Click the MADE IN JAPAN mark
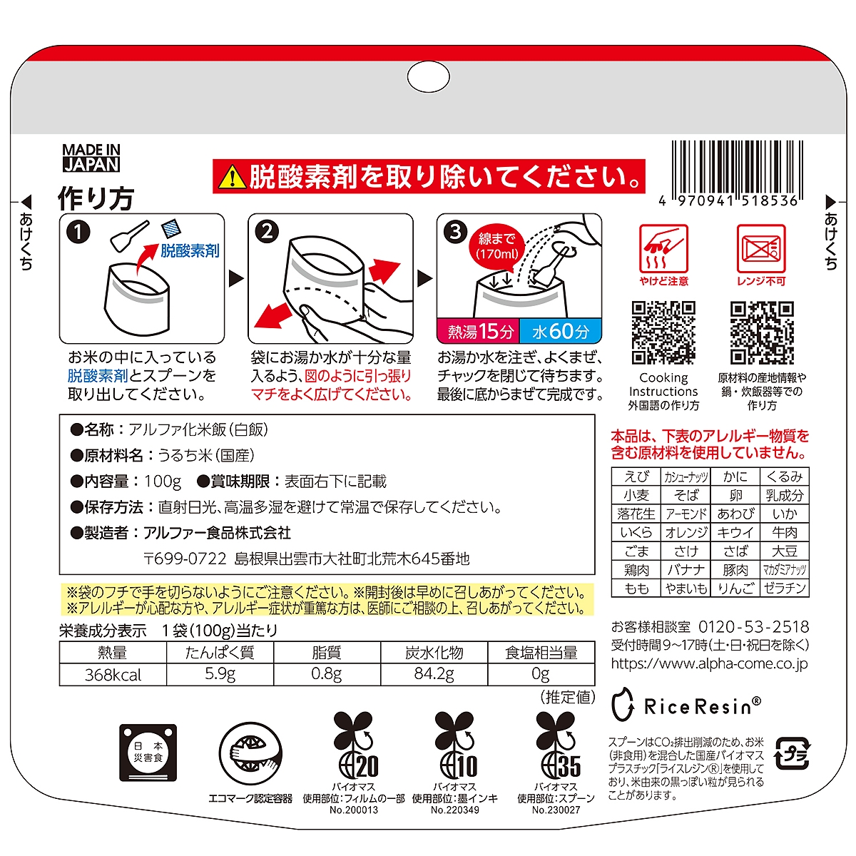click(91, 158)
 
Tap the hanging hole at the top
click(428, 77)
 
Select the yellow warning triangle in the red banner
click(232, 177)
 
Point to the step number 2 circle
click(267, 231)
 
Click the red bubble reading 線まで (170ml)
click(497, 247)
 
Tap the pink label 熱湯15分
click(479, 331)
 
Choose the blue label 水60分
click(561, 331)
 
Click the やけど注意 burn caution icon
click(663, 255)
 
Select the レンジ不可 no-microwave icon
click(761, 255)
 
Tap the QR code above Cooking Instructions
click(663, 332)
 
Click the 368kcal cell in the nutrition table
click(113, 675)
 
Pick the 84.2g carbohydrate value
click(434, 674)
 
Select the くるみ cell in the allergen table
click(784, 477)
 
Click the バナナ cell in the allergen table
click(686, 569)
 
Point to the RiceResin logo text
click(703, 706)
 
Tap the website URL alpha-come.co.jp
click(709, 663)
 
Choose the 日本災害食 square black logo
click(148, 753)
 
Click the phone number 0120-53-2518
click(754, 626)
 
